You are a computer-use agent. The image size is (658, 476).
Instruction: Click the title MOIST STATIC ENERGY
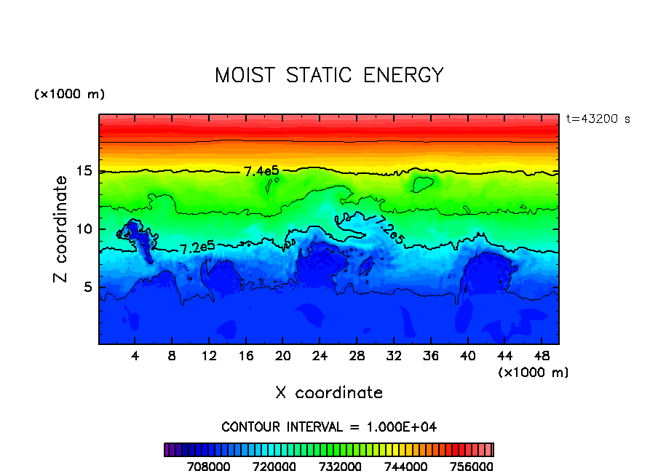[x=329, y=76]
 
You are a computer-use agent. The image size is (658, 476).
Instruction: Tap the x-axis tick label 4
[x=135, y=356]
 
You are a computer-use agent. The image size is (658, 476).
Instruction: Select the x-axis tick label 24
[x=320, y=356]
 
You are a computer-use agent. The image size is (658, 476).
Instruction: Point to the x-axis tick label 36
[x=430, y=356]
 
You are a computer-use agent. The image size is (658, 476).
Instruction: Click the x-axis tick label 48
[x=541, y=356]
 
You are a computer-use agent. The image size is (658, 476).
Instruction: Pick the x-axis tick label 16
[x=246, y=356]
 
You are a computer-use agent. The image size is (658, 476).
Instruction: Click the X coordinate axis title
[x=329, y=393]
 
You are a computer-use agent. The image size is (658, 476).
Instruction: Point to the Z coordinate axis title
[x=61, y=229]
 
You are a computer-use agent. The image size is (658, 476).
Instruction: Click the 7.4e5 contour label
[x=261, y=172]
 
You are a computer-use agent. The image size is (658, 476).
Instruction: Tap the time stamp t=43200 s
[x=598, y=119]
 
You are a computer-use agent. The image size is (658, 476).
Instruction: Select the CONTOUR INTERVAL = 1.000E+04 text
[x=329, y=427]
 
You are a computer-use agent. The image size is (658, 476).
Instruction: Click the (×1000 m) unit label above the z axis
[x=69, y=95]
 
